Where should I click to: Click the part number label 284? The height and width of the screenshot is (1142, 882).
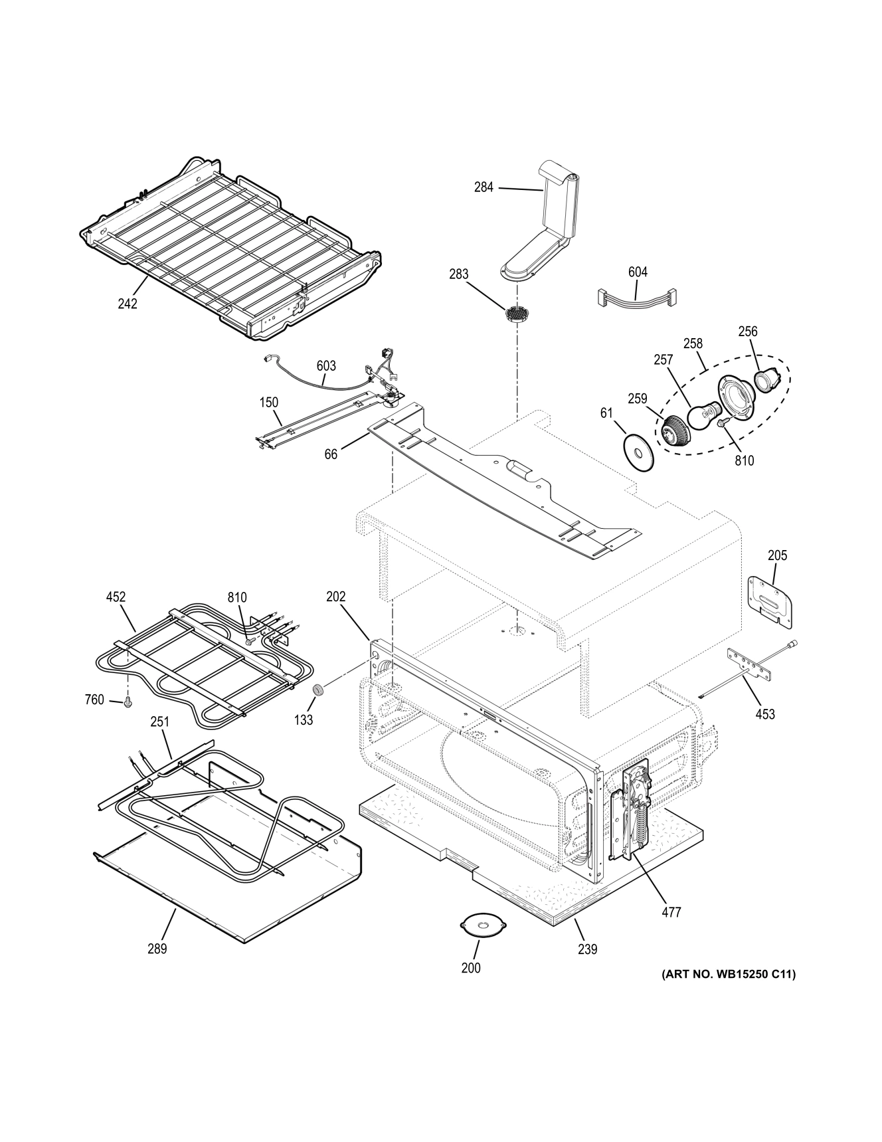tap(484, 187)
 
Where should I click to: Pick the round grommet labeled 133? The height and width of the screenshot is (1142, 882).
tap(318, 691)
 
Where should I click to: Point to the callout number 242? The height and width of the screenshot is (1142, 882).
tap(128, 304)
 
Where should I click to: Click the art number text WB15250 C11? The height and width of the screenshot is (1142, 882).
tap(728, 975)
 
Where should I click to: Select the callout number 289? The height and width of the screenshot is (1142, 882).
tap(157, 949)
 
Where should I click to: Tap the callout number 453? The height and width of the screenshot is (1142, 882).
tap(765, 714)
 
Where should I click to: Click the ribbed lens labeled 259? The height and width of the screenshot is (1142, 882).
tap(677, 432)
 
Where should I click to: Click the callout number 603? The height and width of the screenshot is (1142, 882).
tap(326, 365)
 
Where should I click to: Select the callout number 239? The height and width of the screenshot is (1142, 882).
tap(587, 949)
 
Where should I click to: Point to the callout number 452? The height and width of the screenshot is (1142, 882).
tap(116, 597)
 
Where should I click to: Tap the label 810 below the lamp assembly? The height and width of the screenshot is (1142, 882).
tap(745, 460)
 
